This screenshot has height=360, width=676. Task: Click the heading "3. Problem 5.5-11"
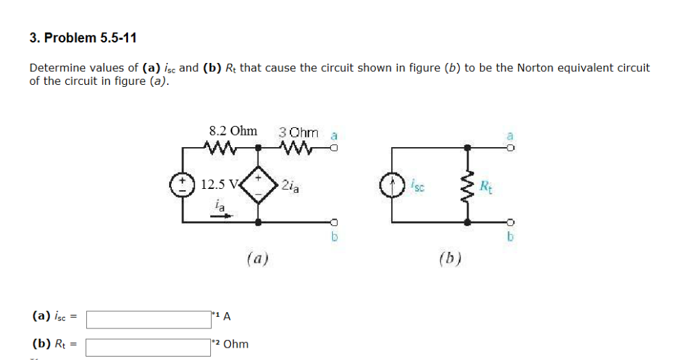coord(83,38)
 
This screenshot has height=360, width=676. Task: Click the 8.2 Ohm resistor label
coord(233,131)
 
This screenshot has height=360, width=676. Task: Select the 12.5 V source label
coord(219,184)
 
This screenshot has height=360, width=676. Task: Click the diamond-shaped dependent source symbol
coord(258,184)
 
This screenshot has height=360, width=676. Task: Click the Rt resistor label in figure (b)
coord(485,185)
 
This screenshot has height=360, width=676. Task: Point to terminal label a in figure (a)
coord(334,135)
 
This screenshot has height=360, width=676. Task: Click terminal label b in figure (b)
coord(510,237)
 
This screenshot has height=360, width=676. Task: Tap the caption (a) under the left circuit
coord(258,258)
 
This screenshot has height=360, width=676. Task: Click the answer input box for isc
coord(147,319)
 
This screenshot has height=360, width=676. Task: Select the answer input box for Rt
coord(147,346)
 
